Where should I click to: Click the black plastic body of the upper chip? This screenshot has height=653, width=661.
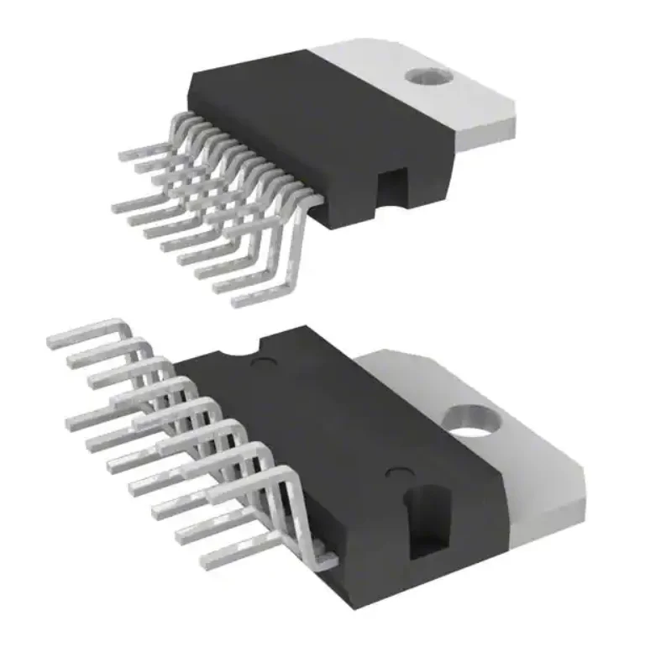click(x=277, y=118)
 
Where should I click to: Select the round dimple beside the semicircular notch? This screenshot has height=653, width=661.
click(x=266, y=362)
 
